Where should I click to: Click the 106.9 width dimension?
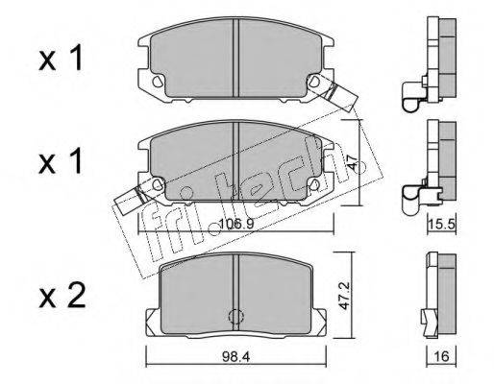(236, 224)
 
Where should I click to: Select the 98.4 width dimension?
(236, 356)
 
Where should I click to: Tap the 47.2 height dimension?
(344, 296)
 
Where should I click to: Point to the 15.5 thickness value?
(442, 224)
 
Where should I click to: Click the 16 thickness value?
(441, 356)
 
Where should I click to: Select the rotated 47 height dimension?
(353, 162)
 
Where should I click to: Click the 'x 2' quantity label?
(62, 296)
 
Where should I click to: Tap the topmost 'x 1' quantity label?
(61, 58)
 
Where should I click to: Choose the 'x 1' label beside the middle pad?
(61, 161)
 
